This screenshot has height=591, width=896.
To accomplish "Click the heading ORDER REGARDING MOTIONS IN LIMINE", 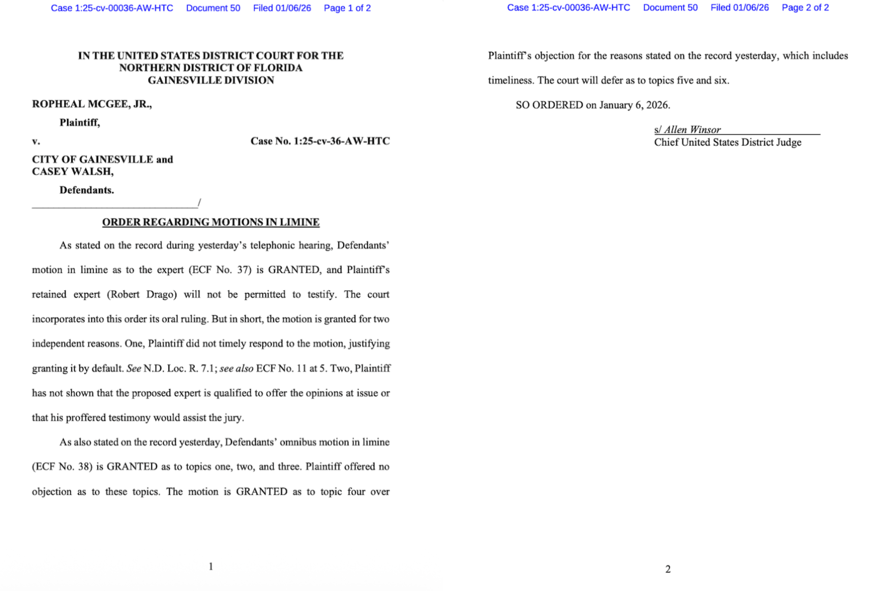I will (211, 222).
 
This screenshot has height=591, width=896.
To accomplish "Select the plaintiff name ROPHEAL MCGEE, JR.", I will (92, 104).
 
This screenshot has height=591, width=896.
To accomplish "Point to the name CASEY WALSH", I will (72, 172).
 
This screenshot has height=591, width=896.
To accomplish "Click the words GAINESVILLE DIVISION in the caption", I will (211, 80).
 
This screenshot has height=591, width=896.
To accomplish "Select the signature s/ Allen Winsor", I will (688, 130).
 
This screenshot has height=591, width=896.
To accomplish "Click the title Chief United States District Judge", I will (727, 142).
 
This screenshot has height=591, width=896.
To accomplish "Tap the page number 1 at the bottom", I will (211, 566).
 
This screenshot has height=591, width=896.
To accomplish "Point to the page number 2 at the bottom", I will (668, 569).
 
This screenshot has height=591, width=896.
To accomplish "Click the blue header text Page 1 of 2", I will (347, 8).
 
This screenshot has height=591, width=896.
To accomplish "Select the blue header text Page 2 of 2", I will (805, 8).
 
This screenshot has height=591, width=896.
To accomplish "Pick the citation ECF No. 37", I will (220, 270).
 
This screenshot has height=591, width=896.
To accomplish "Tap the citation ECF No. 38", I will (62, 467).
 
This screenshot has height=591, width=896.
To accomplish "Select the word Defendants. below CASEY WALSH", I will (86, 190).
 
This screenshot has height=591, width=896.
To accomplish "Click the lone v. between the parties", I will (36, 141).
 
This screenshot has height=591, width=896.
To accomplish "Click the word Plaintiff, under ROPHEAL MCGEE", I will (79, 123).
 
